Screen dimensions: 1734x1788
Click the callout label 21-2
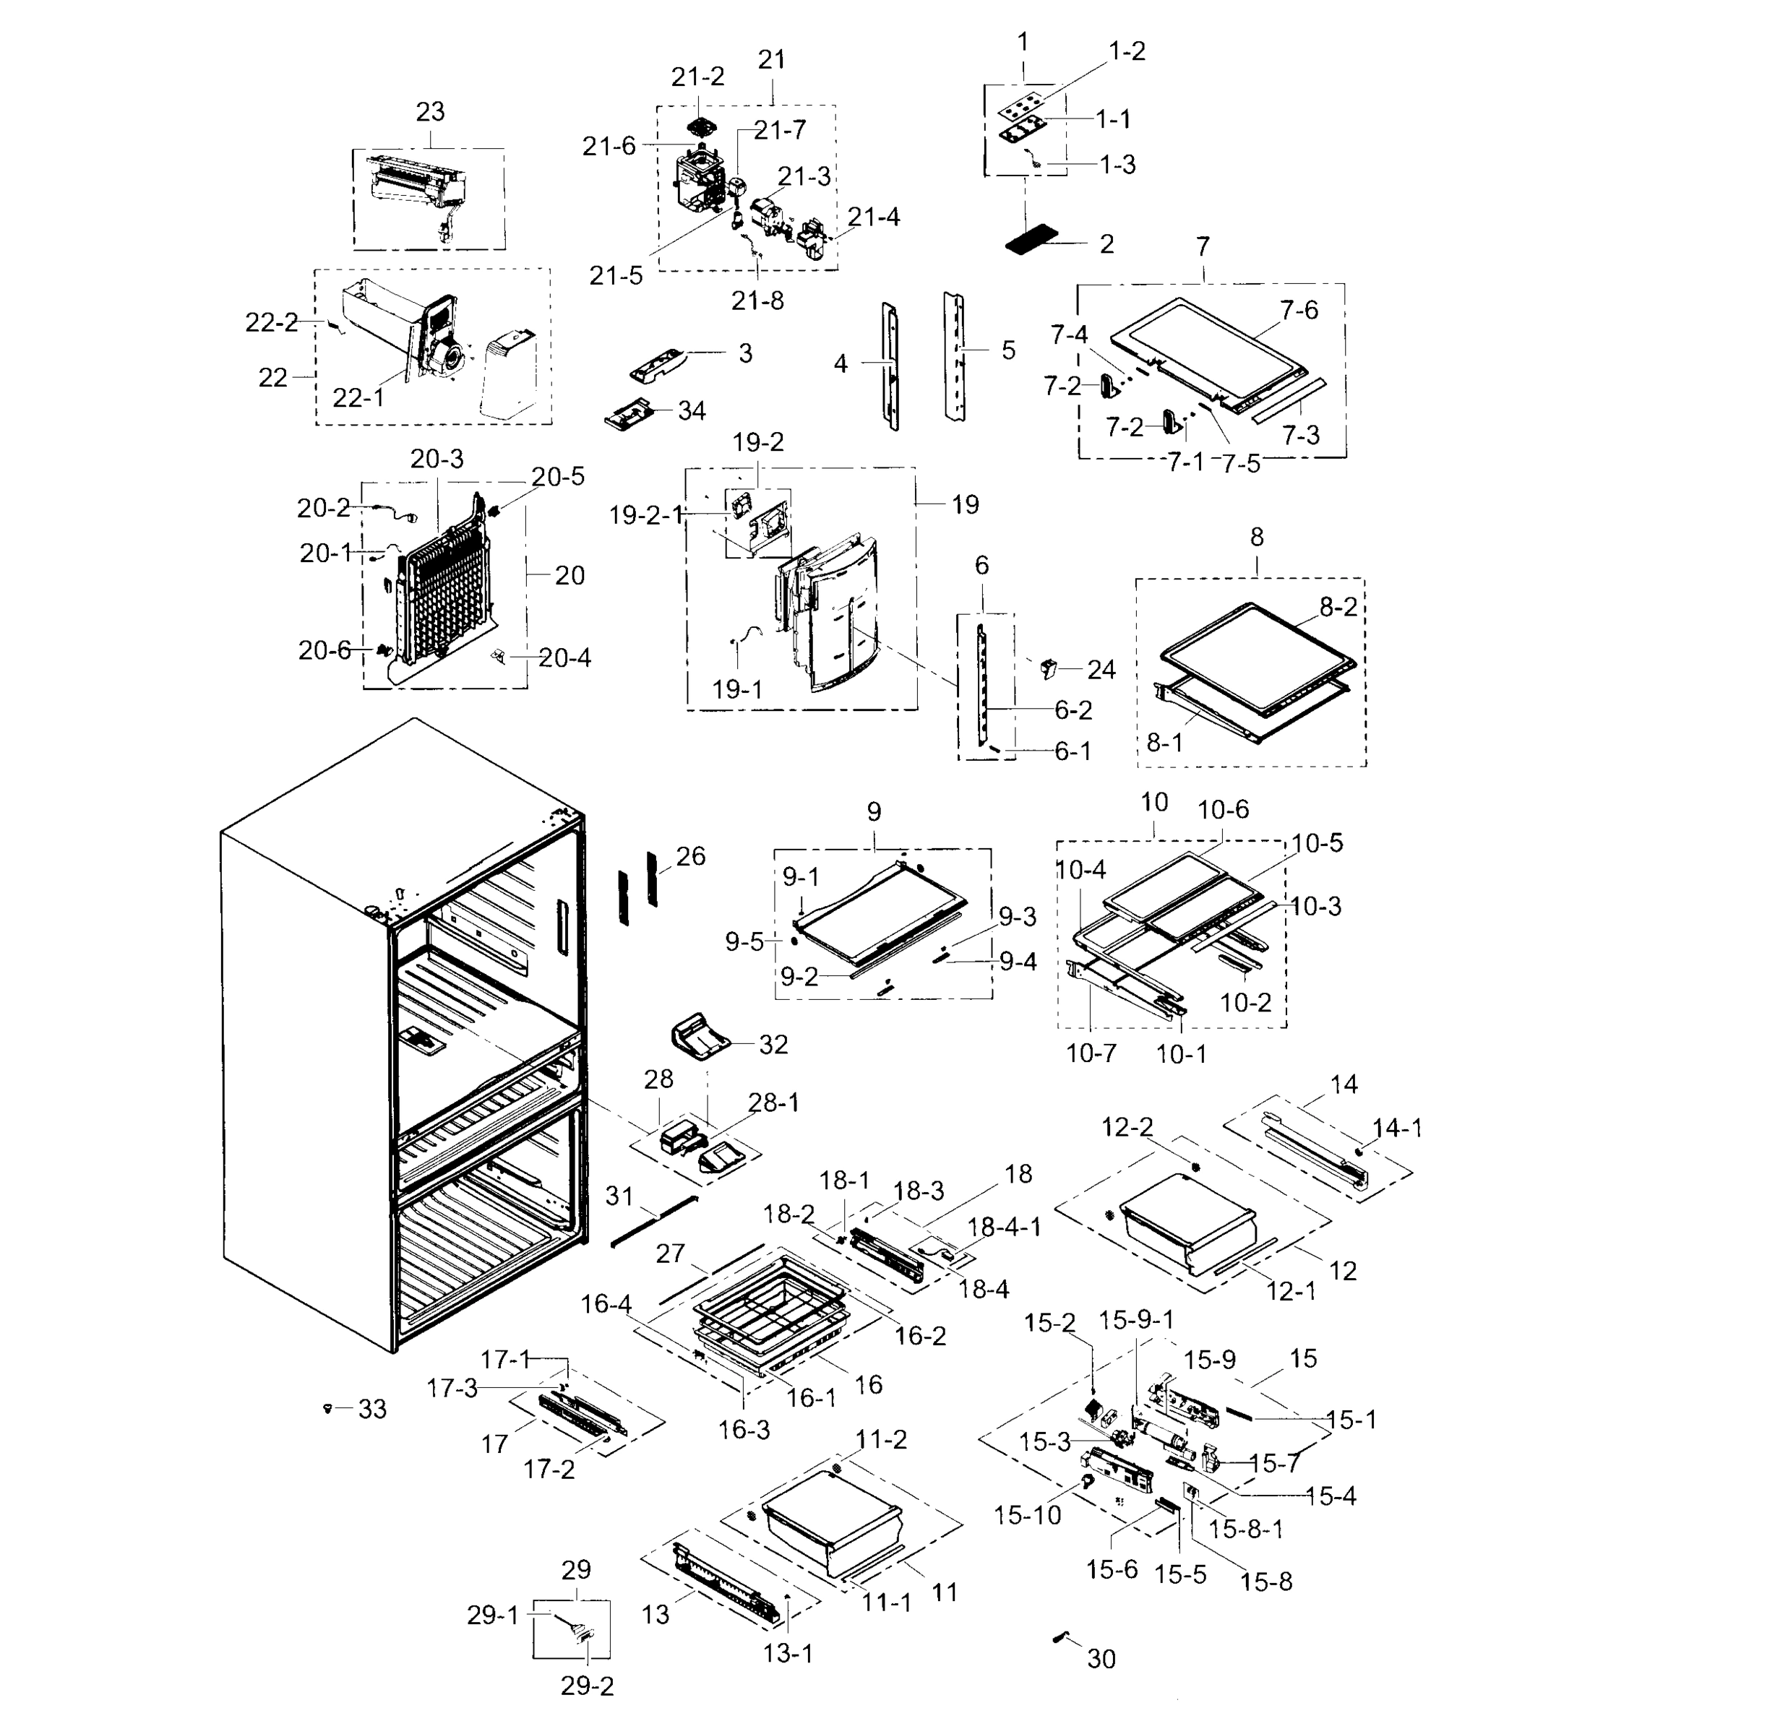point(698,77)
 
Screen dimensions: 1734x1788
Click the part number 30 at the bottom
point(1101,1659)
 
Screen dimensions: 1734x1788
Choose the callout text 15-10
point(1027,1515)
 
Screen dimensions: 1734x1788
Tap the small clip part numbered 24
point(1048,668)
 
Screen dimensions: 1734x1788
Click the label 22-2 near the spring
point(271,322)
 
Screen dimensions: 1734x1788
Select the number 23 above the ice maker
point(430,111)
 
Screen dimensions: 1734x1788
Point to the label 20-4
point(564,657)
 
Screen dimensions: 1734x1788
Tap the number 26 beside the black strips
point(691,855)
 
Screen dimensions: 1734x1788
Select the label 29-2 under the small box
point(587,1686)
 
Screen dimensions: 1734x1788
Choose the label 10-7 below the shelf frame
point(1091,1053)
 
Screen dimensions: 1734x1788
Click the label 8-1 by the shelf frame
point(1164,743)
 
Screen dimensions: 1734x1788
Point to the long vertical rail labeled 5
point(955,355)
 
